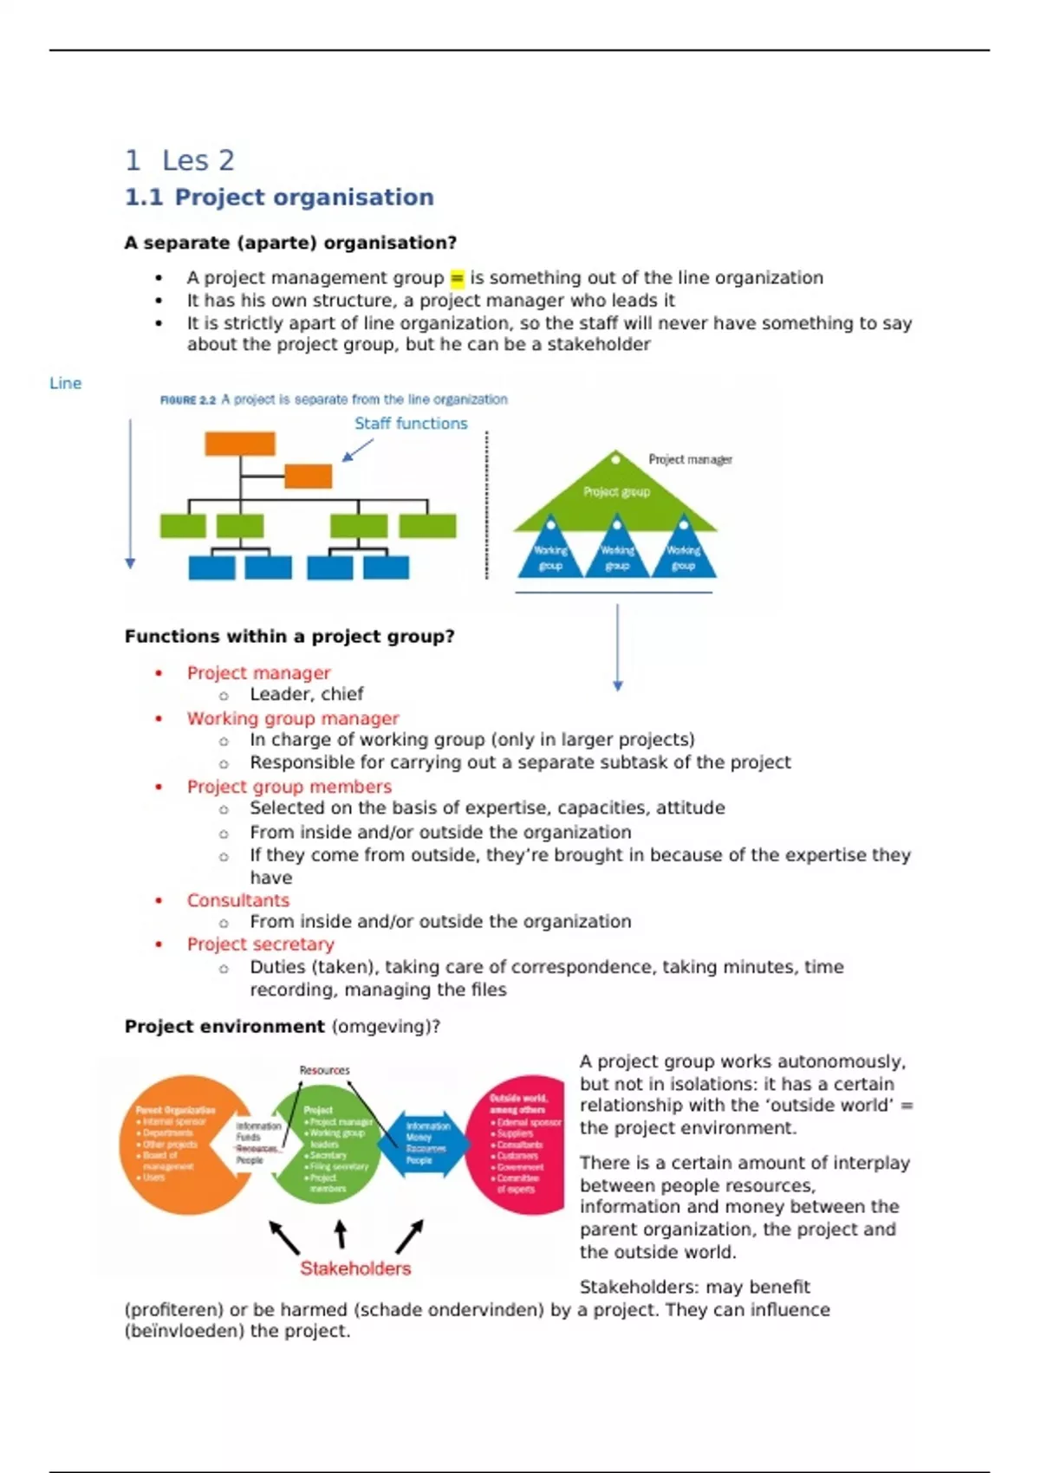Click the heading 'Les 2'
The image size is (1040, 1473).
[198, 160]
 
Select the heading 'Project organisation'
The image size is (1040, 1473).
[303, 198]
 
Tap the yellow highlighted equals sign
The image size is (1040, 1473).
[457, 278]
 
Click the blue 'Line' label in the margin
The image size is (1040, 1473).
[65, 383]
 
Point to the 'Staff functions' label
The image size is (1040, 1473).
[411, 424]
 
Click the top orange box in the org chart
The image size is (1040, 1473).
[240, 444]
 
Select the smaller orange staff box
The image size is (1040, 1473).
[308, 476]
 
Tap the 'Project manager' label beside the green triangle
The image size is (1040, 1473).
[690, 459]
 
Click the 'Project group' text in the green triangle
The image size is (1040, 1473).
[616, 492]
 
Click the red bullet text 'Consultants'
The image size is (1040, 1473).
[238, 900]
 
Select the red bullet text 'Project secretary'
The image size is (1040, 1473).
[260, 944]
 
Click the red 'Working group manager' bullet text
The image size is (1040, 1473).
[293, 718]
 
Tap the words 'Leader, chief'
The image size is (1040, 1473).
[307, 694]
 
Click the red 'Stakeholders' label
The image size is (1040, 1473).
[355, 1269]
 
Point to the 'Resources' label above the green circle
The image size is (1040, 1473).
[324, 1070]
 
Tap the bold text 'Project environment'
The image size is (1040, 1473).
[224, 1027]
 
